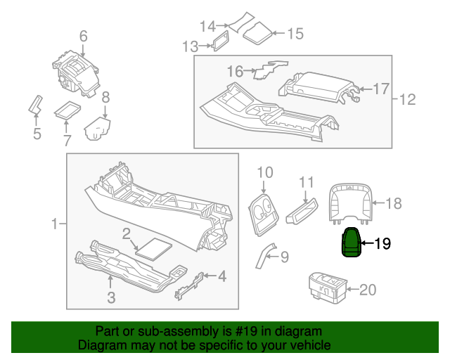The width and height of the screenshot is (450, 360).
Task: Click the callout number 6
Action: point(83,35)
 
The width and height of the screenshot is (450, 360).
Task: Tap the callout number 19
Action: point(382,244)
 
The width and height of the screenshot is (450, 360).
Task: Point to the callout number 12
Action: point(408,100)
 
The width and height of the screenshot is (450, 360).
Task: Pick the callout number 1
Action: point(55,224)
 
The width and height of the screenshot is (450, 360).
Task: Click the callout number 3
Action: point(111,297)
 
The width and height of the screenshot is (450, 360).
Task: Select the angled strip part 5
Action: point(34,105)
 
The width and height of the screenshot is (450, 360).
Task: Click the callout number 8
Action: point(105,98)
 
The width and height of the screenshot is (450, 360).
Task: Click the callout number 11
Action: point(306,183)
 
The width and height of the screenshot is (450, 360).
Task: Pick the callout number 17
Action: point(380,89)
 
